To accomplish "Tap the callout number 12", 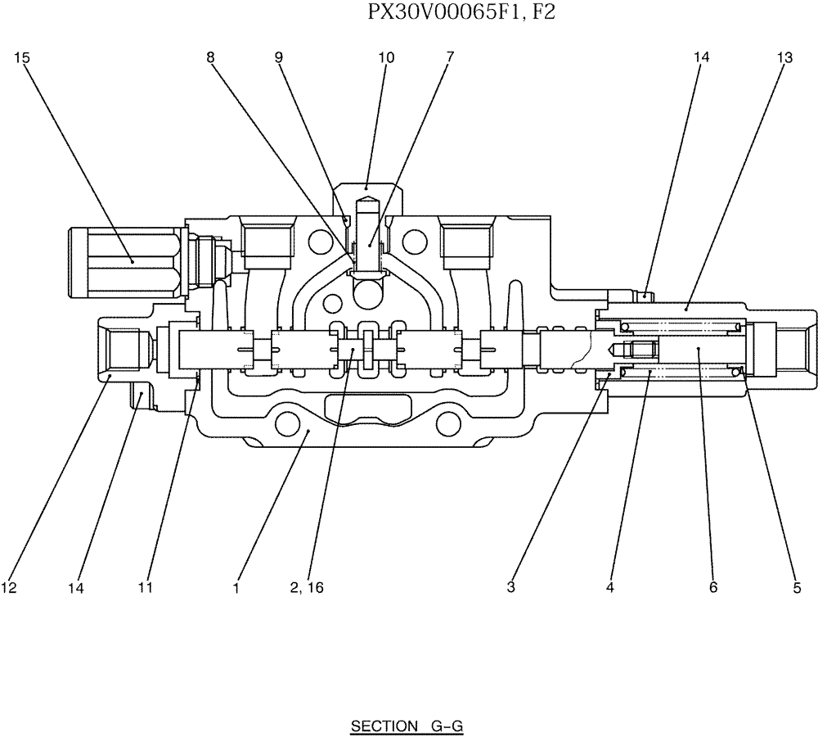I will tap(9, 587).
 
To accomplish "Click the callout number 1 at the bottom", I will tap(236, 587).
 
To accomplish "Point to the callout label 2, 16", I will tap(307, 587).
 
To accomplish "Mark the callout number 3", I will tap(510, 587).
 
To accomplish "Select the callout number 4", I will tap(609, 587).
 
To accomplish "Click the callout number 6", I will tap(713, 587).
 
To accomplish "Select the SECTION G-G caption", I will tap(407, 726).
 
